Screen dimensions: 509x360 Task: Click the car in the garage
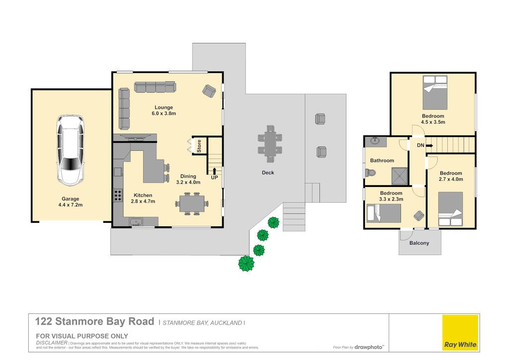tap(71, 150)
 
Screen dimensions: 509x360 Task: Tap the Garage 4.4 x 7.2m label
tap(71, 202)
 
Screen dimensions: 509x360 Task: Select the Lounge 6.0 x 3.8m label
tap(164, 110)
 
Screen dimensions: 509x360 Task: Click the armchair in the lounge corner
tap(209, 90)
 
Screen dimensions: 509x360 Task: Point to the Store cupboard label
tap(199, 146)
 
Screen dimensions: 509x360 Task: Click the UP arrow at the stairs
tap(214, 171)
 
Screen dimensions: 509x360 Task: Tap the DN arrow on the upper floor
tap(429, 146)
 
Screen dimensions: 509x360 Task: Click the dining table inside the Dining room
tap(192, 203)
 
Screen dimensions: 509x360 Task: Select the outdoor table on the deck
tap(270, 144)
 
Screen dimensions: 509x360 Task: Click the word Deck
tap(268, 173)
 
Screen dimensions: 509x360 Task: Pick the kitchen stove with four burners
tap(117, 195)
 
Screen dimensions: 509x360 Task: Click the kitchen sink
tap(136, 222)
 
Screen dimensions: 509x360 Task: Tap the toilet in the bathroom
tap(370, 173)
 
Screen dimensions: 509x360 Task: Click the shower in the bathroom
tap(399, 176)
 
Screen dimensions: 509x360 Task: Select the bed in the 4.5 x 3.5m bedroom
tap(435, 93)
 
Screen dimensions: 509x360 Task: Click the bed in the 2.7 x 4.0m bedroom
tap(450, 209)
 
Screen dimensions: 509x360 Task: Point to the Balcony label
tap(419, 243)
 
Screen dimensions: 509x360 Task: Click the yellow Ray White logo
tap(460, 333)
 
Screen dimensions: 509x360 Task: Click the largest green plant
tap(247, 263)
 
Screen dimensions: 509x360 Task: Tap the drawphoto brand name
tap(369, 348)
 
